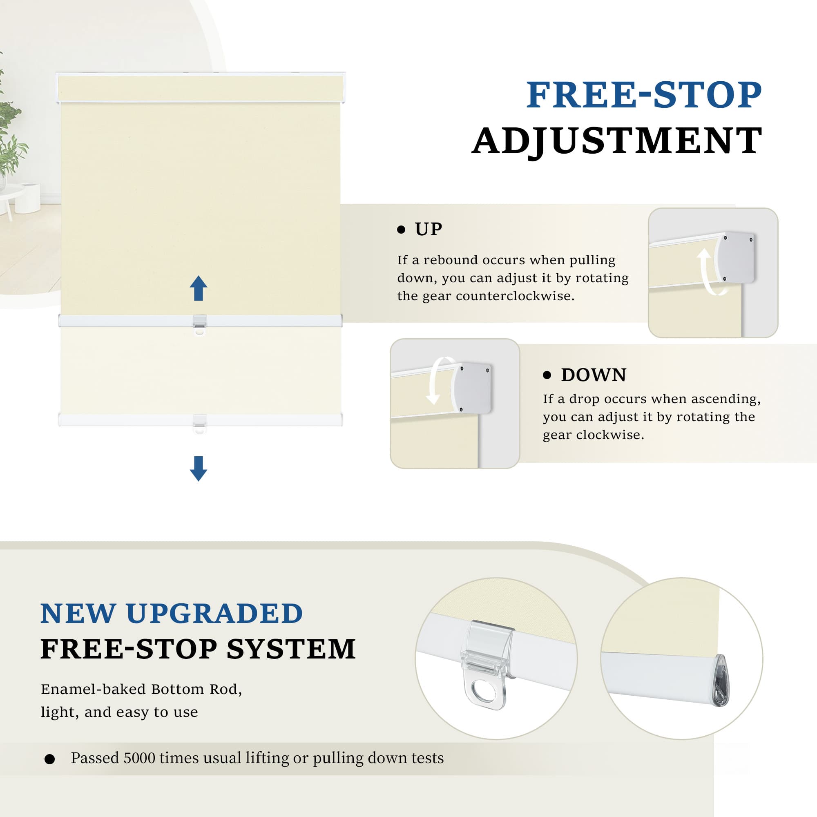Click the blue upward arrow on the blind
199,288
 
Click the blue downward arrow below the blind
199,469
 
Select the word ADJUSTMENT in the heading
617,141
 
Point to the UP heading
429,229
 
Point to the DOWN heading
594,375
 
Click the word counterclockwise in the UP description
515,296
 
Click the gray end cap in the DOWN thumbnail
472,387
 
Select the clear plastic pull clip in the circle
488,664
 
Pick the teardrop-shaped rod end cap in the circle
720,681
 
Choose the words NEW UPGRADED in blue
172,613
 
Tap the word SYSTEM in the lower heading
291,649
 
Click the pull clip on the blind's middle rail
200,325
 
